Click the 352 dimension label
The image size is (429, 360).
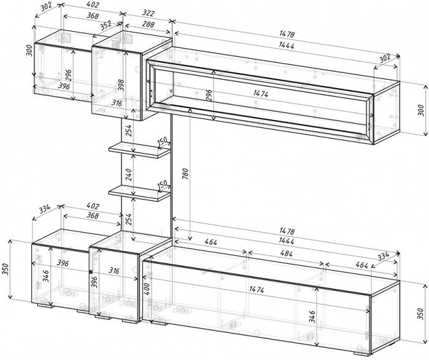(105, 26)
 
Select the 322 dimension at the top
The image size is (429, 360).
(149, 13)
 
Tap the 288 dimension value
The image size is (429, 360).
(148, 24)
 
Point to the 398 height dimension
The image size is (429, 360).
(121, 85)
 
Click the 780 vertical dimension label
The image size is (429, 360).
(185, 174)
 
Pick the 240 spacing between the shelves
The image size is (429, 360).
(129, 174)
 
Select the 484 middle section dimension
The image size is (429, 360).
(286, 253)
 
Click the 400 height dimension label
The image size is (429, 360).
(146, 289)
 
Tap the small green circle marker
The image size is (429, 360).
(171, 90)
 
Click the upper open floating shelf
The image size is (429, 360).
(139, 150)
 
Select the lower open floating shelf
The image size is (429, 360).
(139, 193)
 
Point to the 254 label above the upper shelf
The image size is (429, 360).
(129, 130)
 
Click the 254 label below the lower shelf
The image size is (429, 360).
(129, 219)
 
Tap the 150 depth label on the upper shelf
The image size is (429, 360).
(162, 141)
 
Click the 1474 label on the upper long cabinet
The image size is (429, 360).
(260, 94)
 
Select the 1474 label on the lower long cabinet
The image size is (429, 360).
(256, 289)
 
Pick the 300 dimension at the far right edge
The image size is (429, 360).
(422, 110)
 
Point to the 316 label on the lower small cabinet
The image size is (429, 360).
(113, 271)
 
